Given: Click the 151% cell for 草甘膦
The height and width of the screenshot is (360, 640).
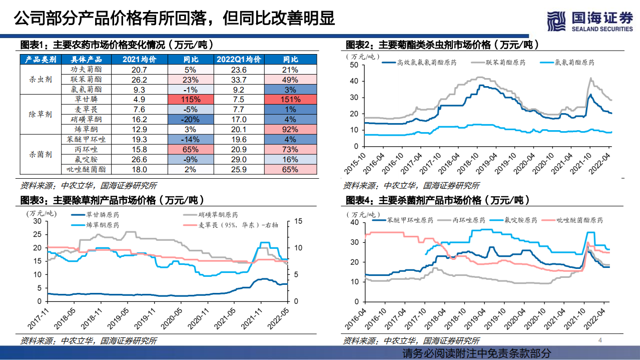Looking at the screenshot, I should tap(291, 100).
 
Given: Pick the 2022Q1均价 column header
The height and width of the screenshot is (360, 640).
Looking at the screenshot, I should tap(239, 60).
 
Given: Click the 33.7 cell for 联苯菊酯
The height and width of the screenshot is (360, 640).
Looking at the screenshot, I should tap(239, 80).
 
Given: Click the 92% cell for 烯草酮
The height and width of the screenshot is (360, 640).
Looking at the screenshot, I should tap(291, 130).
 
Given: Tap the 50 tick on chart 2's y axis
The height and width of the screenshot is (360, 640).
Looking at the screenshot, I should tap(354, 65).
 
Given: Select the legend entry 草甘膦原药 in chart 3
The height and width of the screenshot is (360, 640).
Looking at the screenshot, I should tap(102, 215).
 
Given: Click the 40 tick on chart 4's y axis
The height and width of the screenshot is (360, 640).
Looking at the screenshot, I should tap(354, 222).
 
